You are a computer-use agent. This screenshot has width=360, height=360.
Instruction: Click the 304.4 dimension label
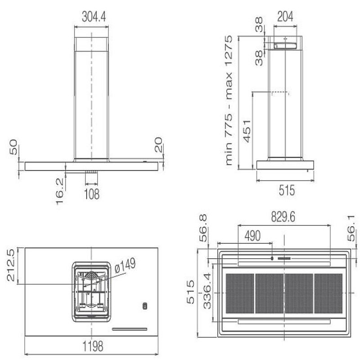pos(94,17)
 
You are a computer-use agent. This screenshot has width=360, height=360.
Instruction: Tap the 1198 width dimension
pos(93,346)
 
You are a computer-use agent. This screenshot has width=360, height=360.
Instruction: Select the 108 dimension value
pos(92,194)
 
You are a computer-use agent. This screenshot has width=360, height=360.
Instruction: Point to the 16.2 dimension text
pos(59,192)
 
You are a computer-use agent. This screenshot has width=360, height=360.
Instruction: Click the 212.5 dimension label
pos(11,265)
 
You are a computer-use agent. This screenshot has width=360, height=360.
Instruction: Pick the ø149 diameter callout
pos(125,265)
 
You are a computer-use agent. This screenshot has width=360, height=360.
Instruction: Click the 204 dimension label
pos(285,17)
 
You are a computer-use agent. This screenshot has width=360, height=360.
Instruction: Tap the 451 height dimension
pos(247,131)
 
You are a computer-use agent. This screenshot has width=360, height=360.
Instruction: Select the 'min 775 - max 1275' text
pos(229,100)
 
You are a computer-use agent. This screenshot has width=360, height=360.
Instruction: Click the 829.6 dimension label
pos(283,217)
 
